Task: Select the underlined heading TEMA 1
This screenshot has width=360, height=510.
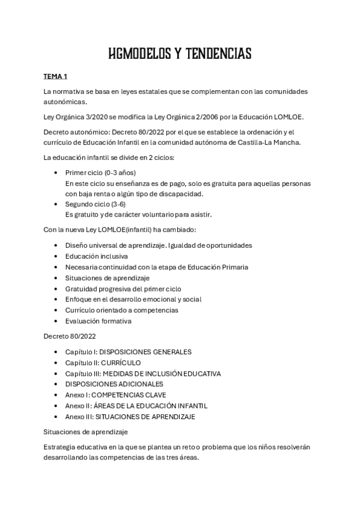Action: click(56, 78)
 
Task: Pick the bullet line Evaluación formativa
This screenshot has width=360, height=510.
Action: click(98, 321)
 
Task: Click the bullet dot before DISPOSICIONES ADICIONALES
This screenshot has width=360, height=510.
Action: click(55, 384)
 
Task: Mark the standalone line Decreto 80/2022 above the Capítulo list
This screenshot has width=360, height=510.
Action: click(70, 336)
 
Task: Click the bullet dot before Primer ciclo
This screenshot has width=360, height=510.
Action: click(55, 172)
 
